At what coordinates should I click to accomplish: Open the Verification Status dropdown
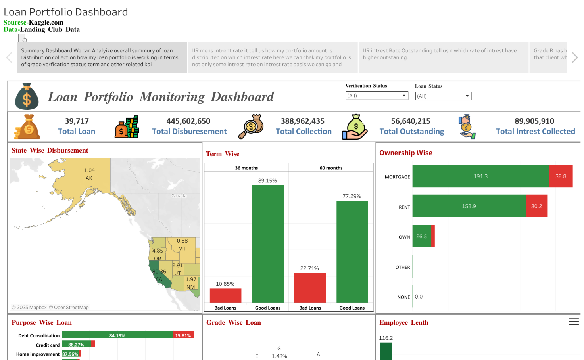coord(377,96)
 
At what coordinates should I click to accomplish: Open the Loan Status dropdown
coord(443,96)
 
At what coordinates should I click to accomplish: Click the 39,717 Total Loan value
coord(77,121)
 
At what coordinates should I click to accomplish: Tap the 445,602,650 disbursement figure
coord(188,121)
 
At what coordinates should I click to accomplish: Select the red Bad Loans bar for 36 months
coord(225,295)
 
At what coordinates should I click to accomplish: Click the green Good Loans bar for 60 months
coord(352,251)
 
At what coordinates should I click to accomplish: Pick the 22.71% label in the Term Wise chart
coord(309,268)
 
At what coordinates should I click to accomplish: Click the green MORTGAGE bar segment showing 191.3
coord(480,176)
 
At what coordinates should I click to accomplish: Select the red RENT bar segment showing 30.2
coord(536,206)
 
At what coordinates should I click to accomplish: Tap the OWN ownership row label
coord(404,237)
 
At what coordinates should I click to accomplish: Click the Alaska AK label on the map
coord(89,178)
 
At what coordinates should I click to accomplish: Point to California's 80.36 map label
coord(159,272)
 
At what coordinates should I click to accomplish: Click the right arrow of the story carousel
coord(574,57)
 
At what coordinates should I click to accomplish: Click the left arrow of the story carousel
coord(9,57)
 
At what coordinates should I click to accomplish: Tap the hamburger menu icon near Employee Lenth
coord(574,322)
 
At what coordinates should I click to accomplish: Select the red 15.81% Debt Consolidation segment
coord(183,335)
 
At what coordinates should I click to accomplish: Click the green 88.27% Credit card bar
coord(76,344)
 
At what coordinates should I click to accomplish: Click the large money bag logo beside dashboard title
coord(27,97)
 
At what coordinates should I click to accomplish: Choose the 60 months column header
coord(331,168)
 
